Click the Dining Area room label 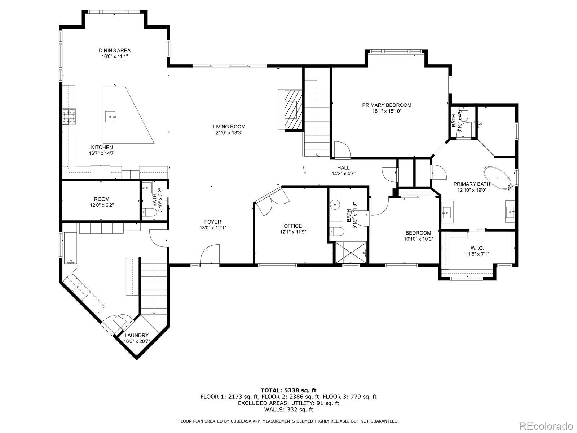115,51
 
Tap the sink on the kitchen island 111,117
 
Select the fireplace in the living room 290,109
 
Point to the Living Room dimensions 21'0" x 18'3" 229,133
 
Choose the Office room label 293,226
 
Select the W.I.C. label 477,248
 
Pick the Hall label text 343,167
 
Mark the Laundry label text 137,335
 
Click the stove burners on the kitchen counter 70,117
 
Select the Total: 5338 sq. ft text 288,390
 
